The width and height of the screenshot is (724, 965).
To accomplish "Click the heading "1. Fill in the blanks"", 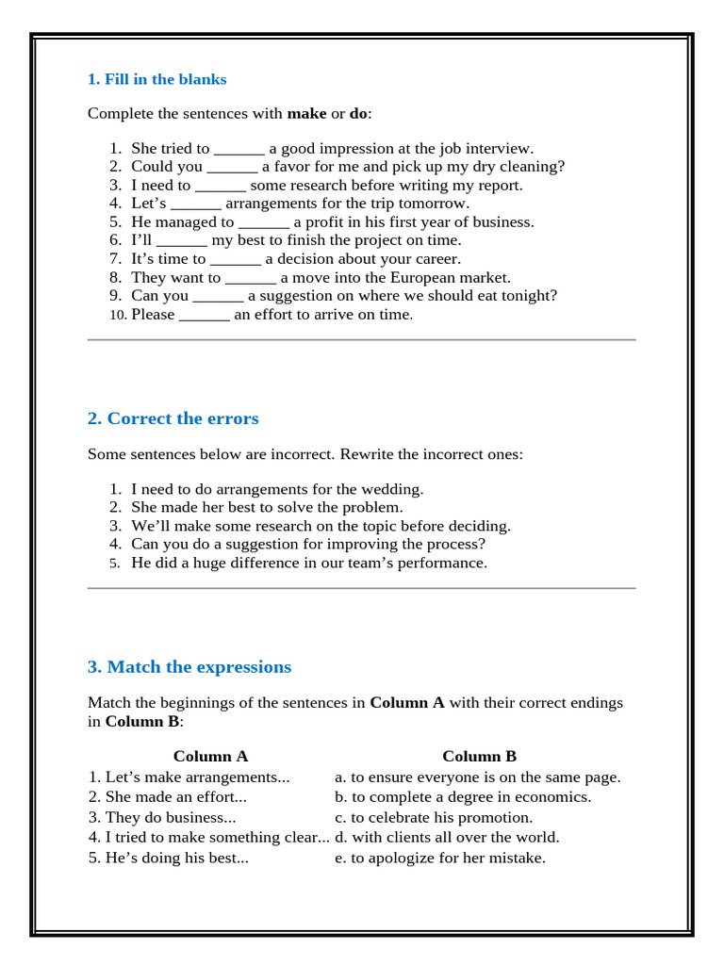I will pyautogui.click(x=156, y=79).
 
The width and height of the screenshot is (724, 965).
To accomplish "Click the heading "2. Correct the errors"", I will pyautogui.click(x=173, y=418).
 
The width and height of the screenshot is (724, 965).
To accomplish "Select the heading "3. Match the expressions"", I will pyautogui.click(x=189, y=667).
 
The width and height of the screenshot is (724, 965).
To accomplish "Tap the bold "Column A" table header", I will pyautogui.click(x=210, y=756).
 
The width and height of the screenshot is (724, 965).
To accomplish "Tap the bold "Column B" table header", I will pyautogui.click(x=479, y=756).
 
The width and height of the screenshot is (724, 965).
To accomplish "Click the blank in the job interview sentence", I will pyautogui.click(x=239, y=149).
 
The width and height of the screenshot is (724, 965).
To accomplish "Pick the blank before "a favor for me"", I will pyautogui.click(x=232, y=167).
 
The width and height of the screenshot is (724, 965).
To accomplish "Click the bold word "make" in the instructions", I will pyautogui.click(x=306, y=114).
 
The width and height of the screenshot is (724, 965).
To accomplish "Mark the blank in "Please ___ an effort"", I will pyautogui.click(x=204, y=315).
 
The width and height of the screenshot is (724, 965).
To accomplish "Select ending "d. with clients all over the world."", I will pyautogui.click(x=447, y=837).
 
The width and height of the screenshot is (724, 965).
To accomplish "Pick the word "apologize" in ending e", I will pyautogui.click(x=403, y=858).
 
